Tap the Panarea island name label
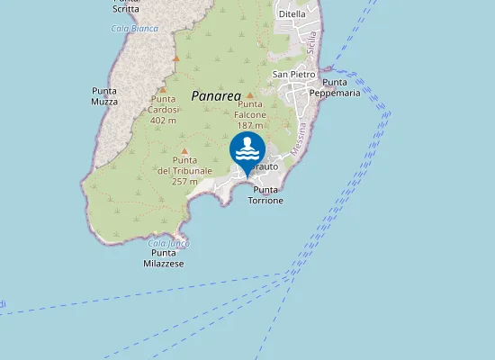click(216, 94)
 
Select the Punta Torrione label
click(267, 195)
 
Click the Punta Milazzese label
click(164, 259)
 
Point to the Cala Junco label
click(167, 243)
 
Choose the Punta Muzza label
click(104, 96)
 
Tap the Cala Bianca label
click(134, 28)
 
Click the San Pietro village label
click(294, 74)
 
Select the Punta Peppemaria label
click(335, 87)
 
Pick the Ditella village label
click(292, 14)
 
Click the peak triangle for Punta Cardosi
click(162, 89)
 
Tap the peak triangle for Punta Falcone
click(250, 95)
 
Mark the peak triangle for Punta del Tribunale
click(184, 151)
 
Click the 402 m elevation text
click(164, 120)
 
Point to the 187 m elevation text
click(250, 125)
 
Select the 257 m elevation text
click(184, 181)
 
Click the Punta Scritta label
click(126, 6)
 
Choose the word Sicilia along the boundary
click(311, 43)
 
